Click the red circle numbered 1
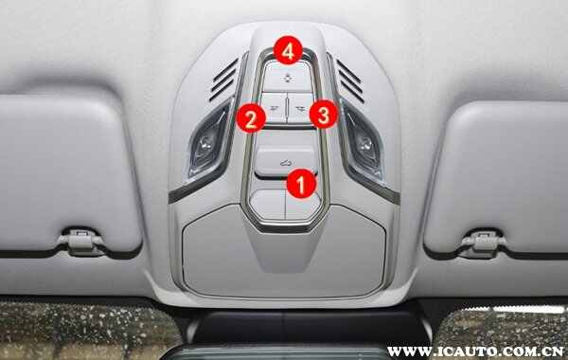click(x=301, y=184)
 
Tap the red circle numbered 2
click(x=250, y=117)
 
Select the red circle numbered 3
click(x=324, y=115)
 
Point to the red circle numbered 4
click(x=288, y=50)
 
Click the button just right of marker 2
click(x=274, y=108)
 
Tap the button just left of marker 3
click(x=300, y=108)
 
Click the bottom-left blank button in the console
click(x=268, y=205)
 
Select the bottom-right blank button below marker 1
click(x=303, y=207)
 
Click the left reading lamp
click(x=208, y=142)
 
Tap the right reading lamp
click(x=364, y=142)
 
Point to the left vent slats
click(x=223, y=79)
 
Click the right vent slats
click(x=350, y=81)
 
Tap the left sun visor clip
click(x=80, y=241)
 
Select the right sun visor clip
click(x=483, y=243)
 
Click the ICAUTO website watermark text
click(x=475, y=351)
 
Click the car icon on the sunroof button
click(x=286, y=163)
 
